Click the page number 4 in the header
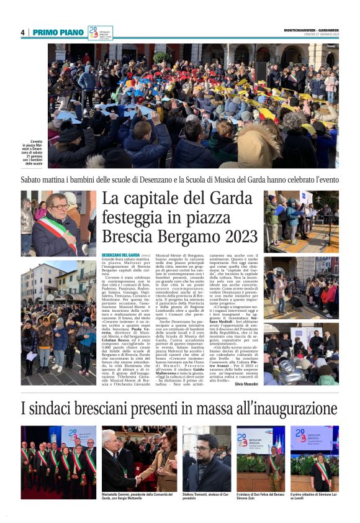point(22,32)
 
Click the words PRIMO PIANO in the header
point(58,32)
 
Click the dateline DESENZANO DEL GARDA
point(120,255)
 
